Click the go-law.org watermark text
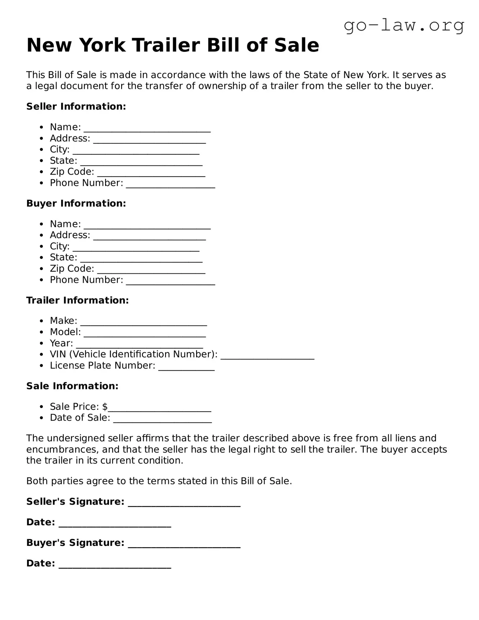pos(404,26)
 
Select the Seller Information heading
pos(76,107)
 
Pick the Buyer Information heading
pos(76,203)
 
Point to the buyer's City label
pos(59,246)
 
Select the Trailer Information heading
pos(77,300)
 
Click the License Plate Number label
pos(102,366)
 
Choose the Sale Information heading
pos(72,386)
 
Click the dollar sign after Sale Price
pos(105,407)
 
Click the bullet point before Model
pos(42,332)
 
